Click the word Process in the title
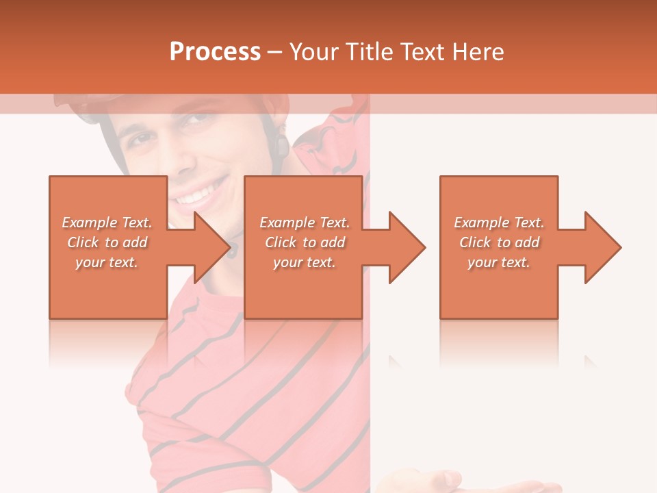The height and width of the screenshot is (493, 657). pyautogui.click(x=215, y=52)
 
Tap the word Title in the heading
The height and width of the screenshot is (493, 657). pyautogui.click(x=369, y=52)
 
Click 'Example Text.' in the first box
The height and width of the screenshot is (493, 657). pyautogui.click(x=107, y=223)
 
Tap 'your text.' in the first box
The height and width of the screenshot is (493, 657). pyautogui.click(x=107, y=262)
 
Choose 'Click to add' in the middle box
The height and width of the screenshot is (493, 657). pyautogui.click(x=305, y=242)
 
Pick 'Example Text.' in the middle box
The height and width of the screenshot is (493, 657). pyautogui.click(x=305, y=223)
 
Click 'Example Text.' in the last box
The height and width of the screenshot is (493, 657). pyautogui.click(x=499, y=223)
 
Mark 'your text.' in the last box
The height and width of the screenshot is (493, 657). pyautogui.click(x=499, y=262)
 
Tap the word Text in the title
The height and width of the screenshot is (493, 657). pyautogui.click(x=424, y=52)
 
